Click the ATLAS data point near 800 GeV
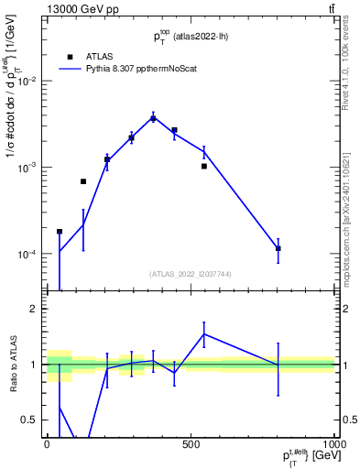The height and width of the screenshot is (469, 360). (278, 248)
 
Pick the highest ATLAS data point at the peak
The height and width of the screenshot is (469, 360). (153, 118)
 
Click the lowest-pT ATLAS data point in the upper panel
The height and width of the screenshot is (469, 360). (60, 232)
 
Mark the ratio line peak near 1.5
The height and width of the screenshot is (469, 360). (204, 333)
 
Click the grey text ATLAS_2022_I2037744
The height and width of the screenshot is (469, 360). (190, 273)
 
